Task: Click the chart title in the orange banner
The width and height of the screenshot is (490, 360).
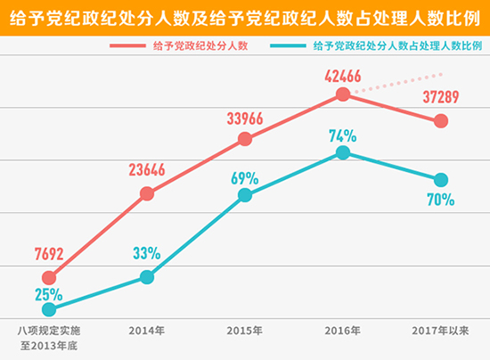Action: [x=245, y=17]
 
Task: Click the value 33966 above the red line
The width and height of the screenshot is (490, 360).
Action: [x=246, y=116]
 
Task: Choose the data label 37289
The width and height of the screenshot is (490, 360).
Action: [x=440, y=96]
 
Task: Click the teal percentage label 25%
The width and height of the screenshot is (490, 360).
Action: [x=49, y=293]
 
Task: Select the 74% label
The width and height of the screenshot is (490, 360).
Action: [x=342, y=135]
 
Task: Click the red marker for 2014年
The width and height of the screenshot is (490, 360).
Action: [x=147, y=193]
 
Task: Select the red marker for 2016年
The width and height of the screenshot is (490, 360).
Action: [x=343, y=94]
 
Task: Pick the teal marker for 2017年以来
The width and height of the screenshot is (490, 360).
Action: [x=440, y=178]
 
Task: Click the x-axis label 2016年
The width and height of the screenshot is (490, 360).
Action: [x=343, y=331]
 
